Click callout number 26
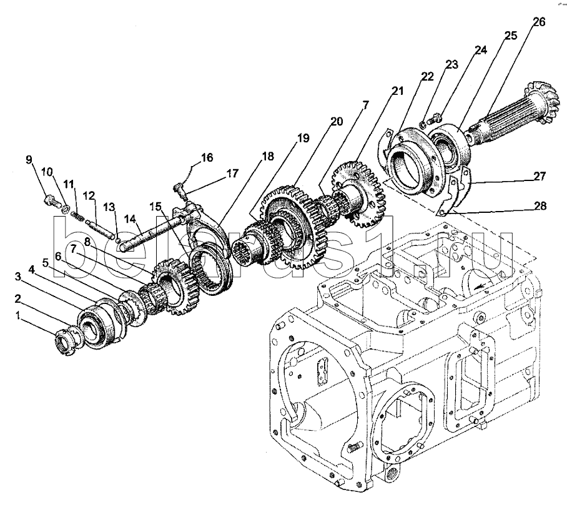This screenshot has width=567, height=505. coord(539,22)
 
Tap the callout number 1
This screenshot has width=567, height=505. coord(17,316)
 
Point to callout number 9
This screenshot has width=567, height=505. coord(29,159)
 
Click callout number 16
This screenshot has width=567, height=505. coord(207,157)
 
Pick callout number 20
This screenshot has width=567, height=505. coord(337,122)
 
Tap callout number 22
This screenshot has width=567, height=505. coord(427,77)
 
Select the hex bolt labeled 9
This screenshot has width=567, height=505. coord(51,200)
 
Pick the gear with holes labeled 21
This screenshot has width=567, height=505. coord(358,195)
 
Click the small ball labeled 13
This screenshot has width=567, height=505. coord(117,237)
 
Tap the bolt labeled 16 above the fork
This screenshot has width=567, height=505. coord(179,189)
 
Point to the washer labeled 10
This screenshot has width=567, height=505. coord(66,209)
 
